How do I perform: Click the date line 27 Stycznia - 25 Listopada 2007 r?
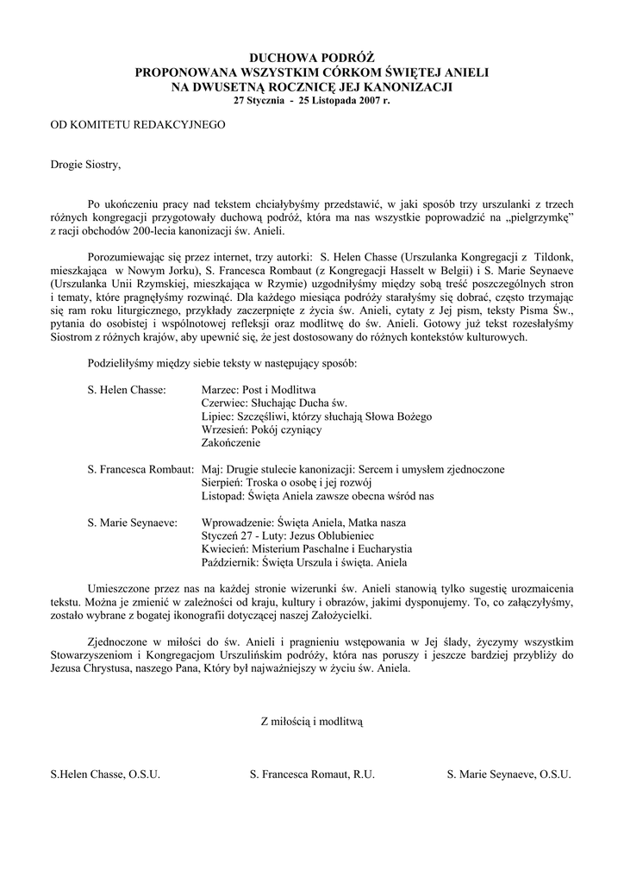[312, 101]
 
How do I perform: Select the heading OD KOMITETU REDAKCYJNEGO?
[137, 125]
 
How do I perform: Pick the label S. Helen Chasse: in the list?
[127, 390]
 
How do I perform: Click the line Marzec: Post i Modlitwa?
[259, 390]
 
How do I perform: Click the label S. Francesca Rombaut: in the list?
[140, 469]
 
